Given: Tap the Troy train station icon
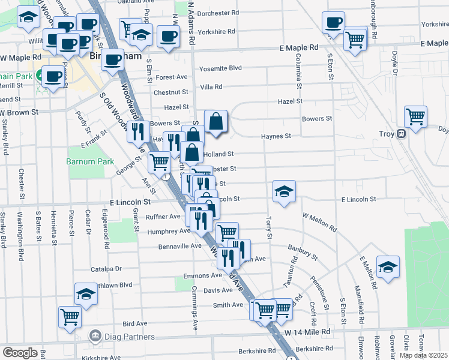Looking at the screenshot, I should pos(401,134).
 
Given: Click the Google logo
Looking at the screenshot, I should pos(19,353).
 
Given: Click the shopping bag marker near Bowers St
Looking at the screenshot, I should pos(215,122).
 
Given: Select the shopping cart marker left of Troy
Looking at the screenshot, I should pos(415,116).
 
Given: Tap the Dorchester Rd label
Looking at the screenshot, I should pos(217,13).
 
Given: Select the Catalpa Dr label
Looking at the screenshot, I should pos(106,269).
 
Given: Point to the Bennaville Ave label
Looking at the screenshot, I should pos(179,246).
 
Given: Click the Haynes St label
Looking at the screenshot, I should pos(276,136).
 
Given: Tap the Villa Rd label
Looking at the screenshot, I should pos(211,86).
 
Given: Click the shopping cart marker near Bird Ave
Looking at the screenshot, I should pos(70,316).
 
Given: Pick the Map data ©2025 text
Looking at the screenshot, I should pos(424,355).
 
